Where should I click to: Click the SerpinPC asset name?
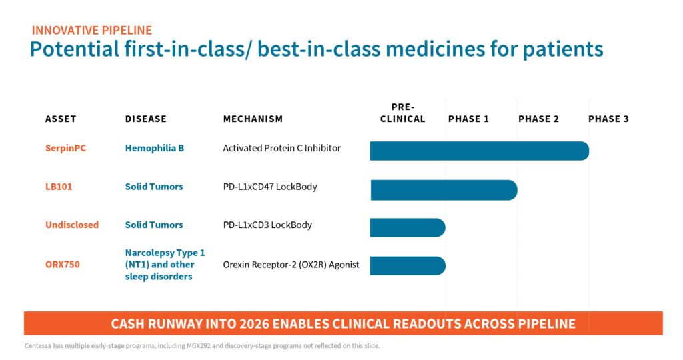pyautogui.click(x=66, y=149)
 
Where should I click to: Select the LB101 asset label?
pyautogui.click(x=59, y=187)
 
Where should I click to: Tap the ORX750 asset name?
pyautogui.click(x=63, y=265)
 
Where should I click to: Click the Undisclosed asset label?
pyautogui.click(x=72, y=225)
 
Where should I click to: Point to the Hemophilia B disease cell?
pyautogui.click(x=155, y=149)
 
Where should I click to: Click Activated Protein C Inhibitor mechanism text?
pyautogui.click(x=282, y=149)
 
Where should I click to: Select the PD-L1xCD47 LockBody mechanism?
pyautogui.click(x=270, y=187)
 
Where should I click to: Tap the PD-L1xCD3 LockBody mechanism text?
pyautogui.click(x=267, y=225)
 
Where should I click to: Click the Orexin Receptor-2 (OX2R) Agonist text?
pyautogui.click(x=291, y=265)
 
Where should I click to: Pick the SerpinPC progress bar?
pyautogui.click(x=479, y=151)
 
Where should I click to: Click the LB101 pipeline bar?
pyautogui.click(x=444, y=190)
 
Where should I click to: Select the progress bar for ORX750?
pyautogui.click(x=408, y=265)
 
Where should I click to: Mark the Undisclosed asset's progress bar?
pyautogui.click(x=408, y=227)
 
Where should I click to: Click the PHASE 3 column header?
pyautogui.click(x=608, y=119)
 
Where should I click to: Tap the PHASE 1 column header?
pyautogui.click(x=469, y=119)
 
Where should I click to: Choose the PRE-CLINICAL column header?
pyautogui.click(x=402, y=113)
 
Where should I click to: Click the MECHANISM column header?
pyautogui.click(x=253, y=119)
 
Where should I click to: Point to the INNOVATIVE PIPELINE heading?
pyautogui.click(x=92, y=31)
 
